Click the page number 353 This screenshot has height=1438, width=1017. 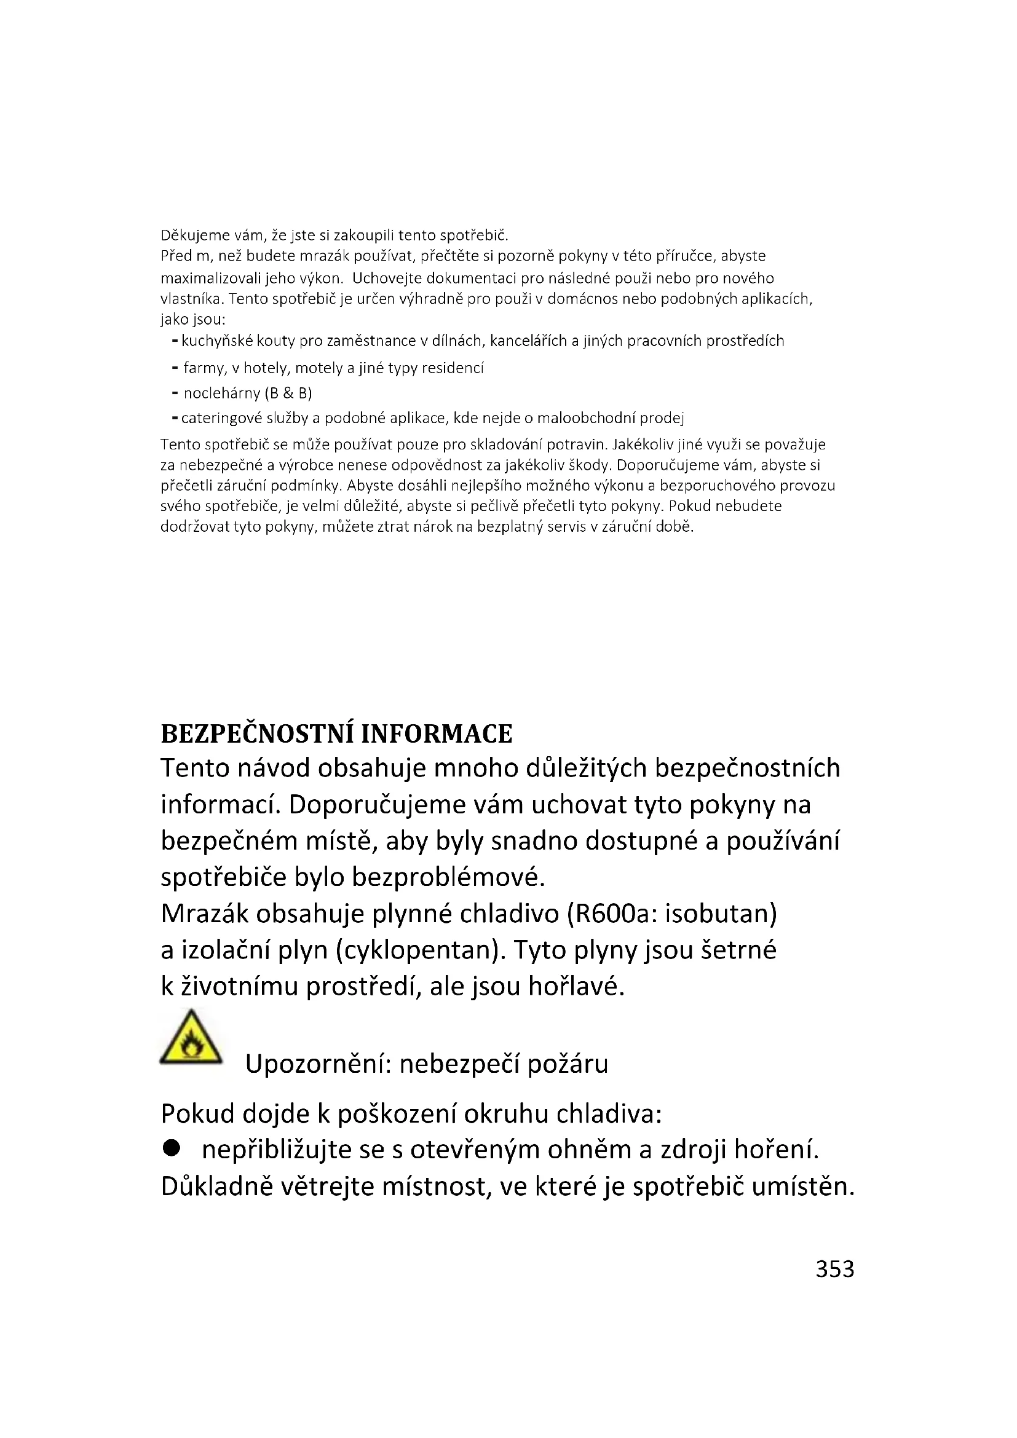point(834,1269)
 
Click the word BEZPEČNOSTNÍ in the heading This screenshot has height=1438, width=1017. point(258,733)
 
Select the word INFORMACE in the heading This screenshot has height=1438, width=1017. point(437,733)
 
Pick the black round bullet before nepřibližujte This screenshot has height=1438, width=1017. point(171,1147)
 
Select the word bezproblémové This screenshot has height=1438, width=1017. point(448,877)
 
